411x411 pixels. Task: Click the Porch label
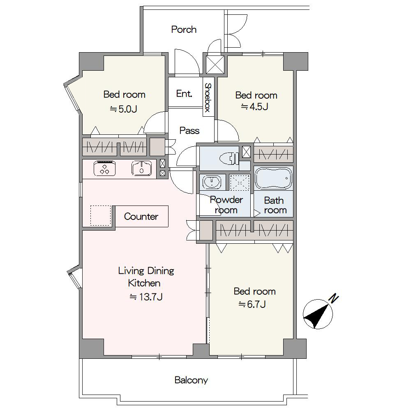(x=184, y=29)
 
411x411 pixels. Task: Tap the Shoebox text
(x=208, y=97)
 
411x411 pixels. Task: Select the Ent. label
(x=184, y=94)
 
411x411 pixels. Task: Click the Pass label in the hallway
(x=189, y=131)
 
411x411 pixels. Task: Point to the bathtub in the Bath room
(x=273, y=178)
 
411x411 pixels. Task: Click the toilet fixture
(x=229, y=159)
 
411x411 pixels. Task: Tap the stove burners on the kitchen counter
(x=104, y=168)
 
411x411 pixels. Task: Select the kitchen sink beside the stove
(x=141, y=168)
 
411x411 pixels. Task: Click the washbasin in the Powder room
(x=212, y=181)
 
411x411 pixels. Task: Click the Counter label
(x=141, y=217)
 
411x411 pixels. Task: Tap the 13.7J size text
(x=146, y=297)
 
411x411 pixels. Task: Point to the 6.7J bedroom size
(x=252, y=304)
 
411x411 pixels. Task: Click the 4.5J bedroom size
(x=254, y=107)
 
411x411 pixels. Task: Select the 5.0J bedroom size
(x=123, y=109)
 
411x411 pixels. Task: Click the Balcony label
(x=191, y=380)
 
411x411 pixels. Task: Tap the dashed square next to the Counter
(x=101, y=215)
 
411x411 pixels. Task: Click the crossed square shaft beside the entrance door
(x=215, y=65)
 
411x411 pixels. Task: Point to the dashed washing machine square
(x=239, y=182)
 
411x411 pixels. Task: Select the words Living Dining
(x=146, y=271)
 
